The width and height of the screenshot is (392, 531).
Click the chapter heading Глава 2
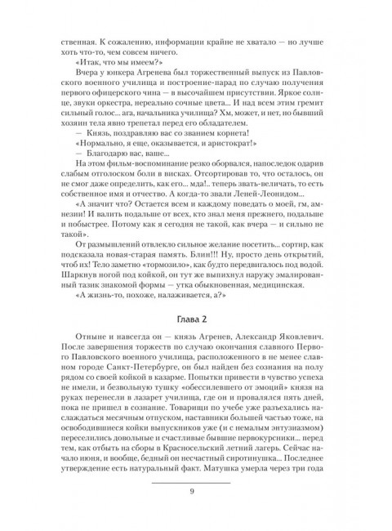coord(196,320)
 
